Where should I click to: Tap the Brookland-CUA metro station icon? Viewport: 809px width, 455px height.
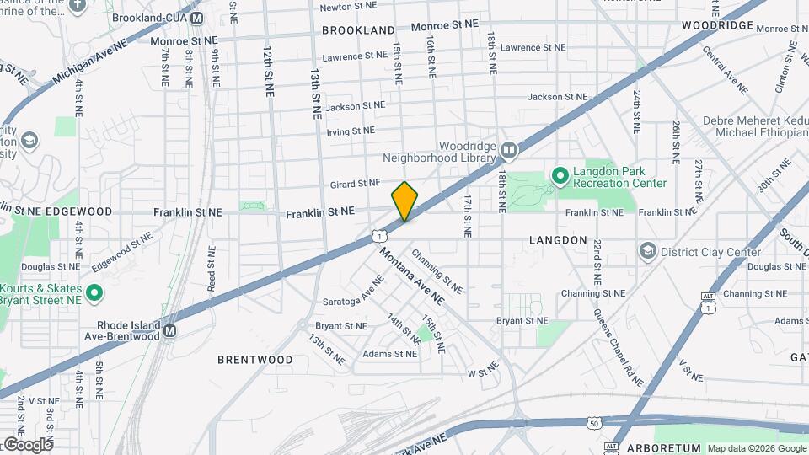pos(196,18)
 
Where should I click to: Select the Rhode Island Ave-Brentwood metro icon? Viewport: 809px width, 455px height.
pos(169,331)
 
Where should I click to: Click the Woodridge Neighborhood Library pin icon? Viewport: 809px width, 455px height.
pos(508,150)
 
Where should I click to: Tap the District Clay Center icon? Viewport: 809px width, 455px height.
pos(647,251)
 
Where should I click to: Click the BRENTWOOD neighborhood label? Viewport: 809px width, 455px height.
pos(254,360)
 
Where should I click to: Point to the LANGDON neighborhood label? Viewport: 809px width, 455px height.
pos(558,240)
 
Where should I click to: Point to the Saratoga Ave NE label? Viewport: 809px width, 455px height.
pos(353,297)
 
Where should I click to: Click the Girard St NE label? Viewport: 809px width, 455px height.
pos(356,183)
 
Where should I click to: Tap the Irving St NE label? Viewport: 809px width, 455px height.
pos(351,131)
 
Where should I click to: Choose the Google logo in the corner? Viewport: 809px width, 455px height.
pos(27,444)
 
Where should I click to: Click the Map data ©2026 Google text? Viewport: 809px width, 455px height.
pos(756,448)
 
